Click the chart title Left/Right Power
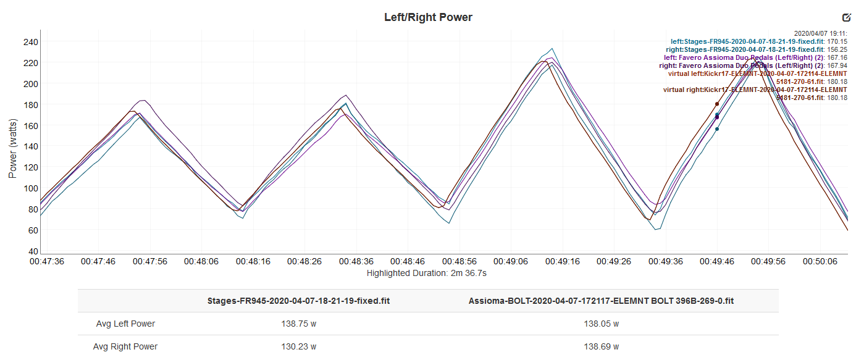(428, 17)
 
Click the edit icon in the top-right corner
(846, 18)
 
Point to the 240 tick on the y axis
(31, 42)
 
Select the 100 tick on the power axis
(31, 188)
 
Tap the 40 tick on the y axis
(33, 251)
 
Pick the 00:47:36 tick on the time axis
(47, 261)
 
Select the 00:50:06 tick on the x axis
(820, 261)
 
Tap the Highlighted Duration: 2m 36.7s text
(428, 272)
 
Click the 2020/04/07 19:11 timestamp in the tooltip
(820, 34)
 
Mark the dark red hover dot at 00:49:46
(716, 104)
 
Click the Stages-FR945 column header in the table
(298, 301)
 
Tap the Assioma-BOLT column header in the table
(601, 301)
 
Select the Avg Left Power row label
(125, 324)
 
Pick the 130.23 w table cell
(298, 346)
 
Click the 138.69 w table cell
(601, 346)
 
